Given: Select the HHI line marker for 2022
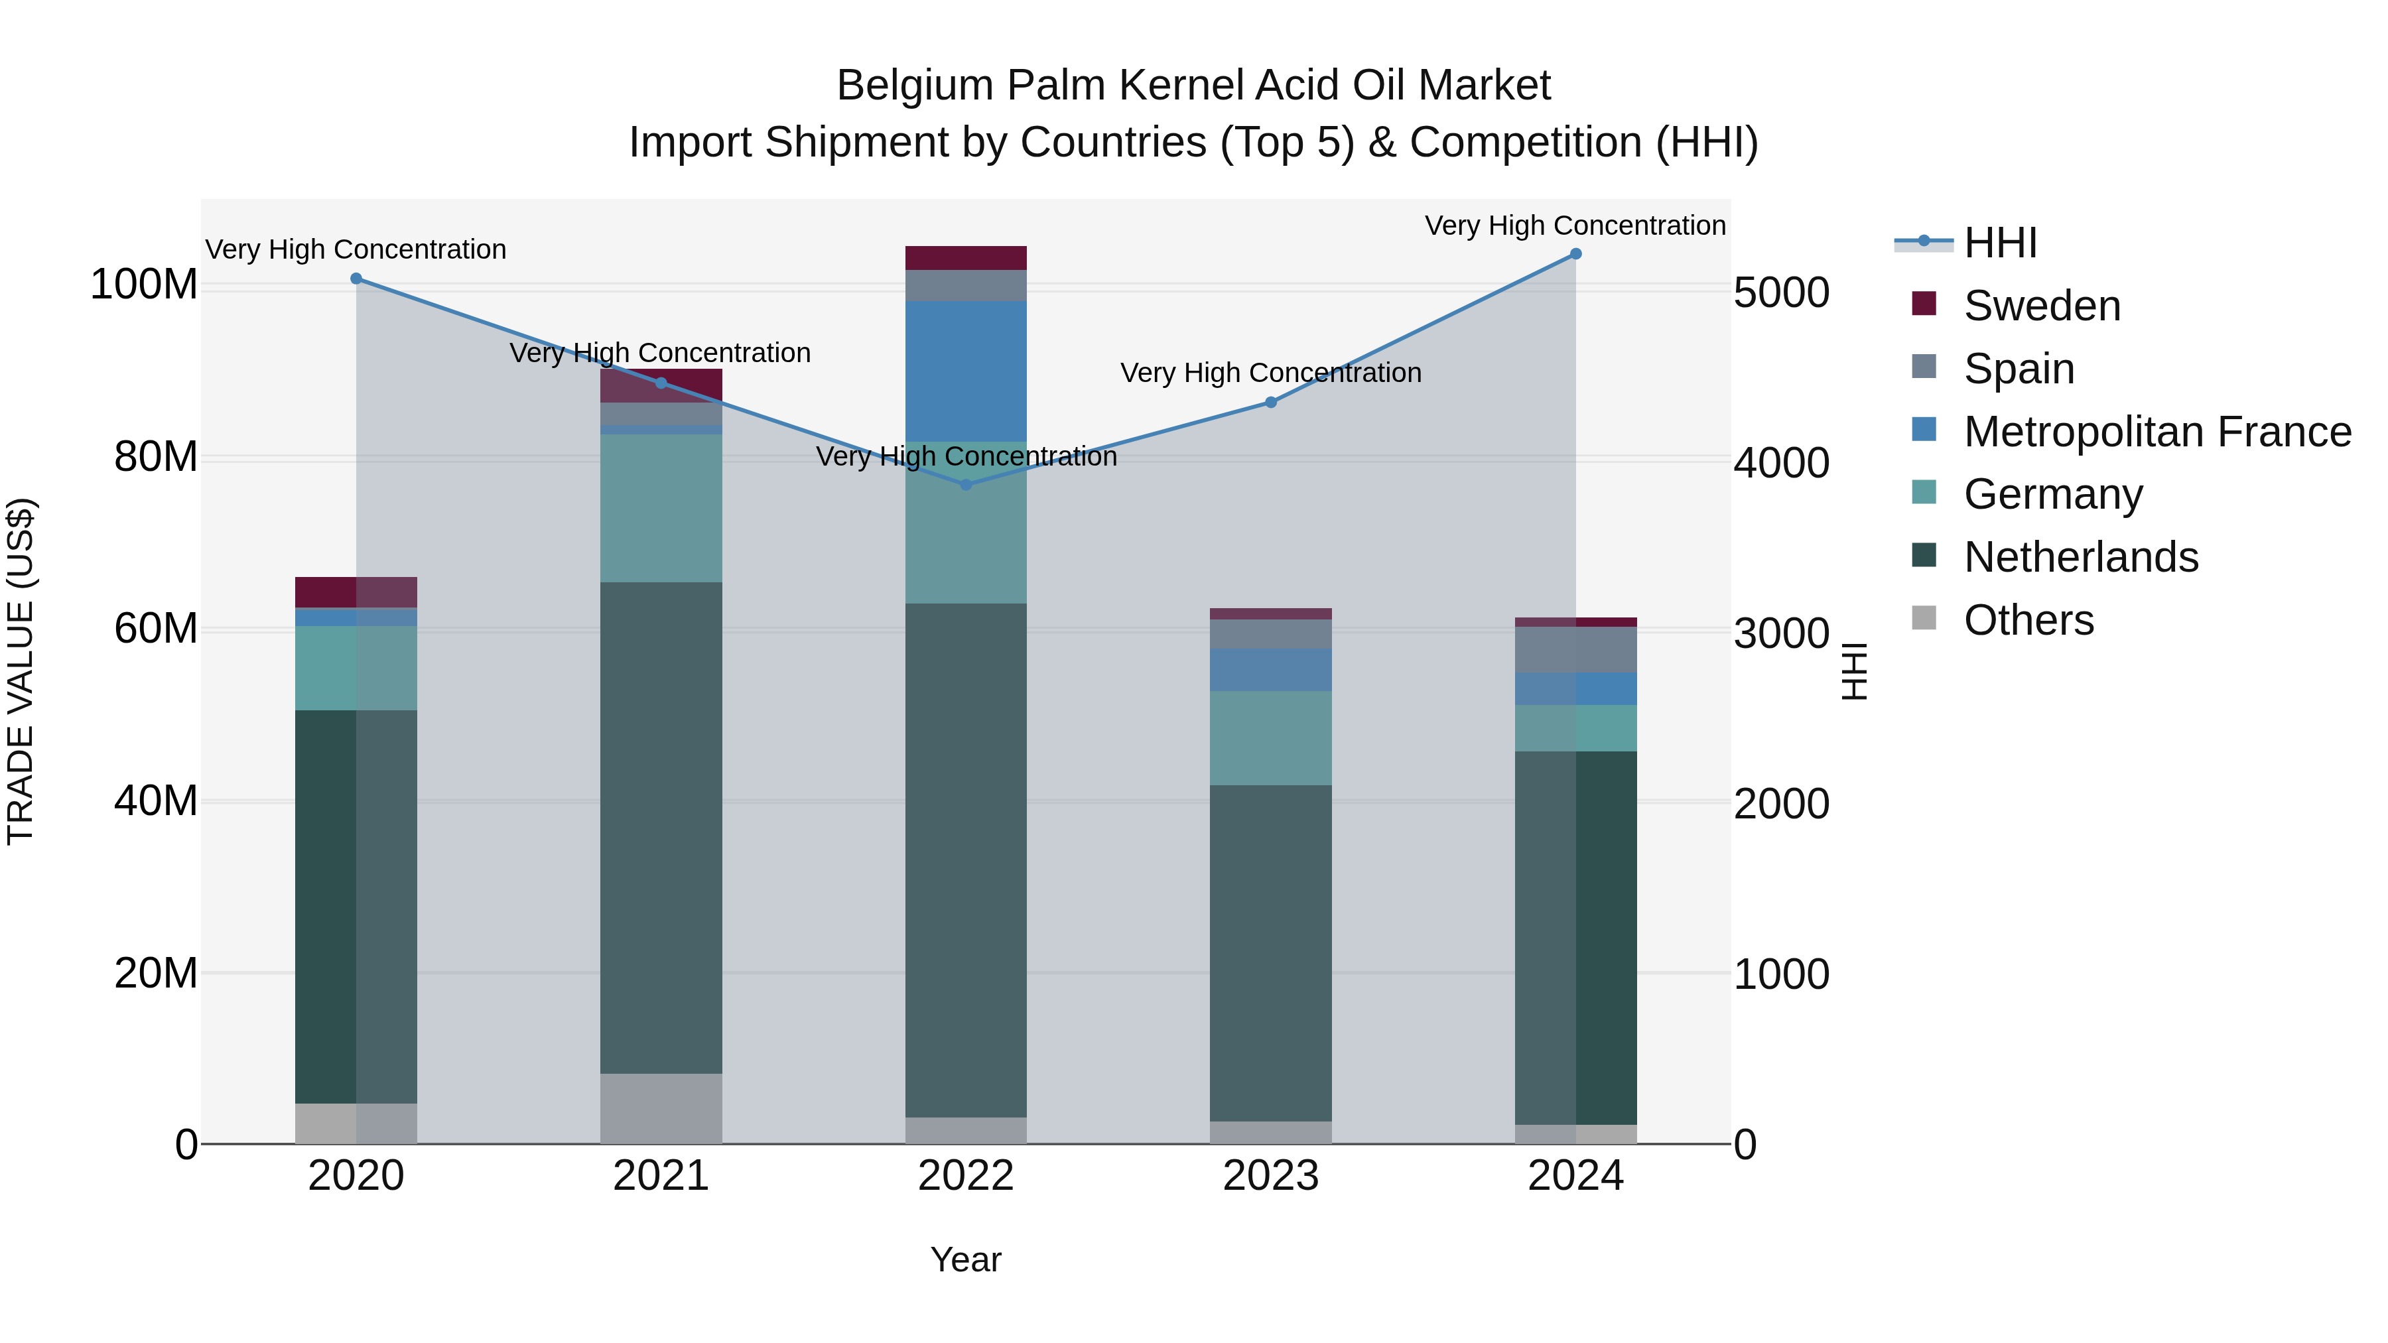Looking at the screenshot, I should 966,485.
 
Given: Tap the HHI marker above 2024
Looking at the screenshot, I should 1576,254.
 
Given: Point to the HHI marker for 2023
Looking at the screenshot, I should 1271,403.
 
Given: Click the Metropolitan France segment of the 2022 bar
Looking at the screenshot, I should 966,371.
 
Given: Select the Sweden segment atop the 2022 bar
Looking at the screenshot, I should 966,258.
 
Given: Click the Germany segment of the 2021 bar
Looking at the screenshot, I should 661,508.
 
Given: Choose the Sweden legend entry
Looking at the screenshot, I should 2041,306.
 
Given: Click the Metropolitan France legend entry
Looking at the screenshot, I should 2156,432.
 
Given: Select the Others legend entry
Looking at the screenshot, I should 2028,620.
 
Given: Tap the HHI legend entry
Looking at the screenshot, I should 1999,243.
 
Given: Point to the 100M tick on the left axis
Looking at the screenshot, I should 144,285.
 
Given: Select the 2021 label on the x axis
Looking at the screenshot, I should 661,1176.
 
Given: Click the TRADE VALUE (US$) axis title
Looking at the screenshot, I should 21,671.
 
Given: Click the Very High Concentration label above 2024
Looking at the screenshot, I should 1575,225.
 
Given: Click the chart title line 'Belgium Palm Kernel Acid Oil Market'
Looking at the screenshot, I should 1193,86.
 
